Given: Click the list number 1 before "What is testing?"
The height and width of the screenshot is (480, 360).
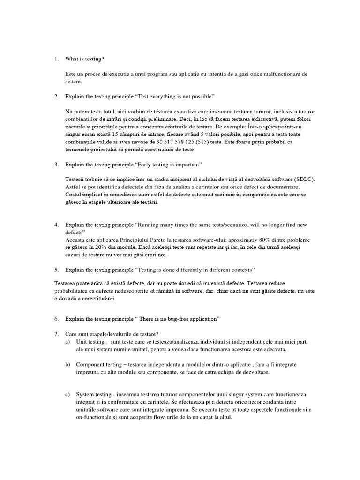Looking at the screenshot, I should tap(56, 59).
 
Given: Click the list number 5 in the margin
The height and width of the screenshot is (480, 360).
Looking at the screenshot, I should tap(56, 270).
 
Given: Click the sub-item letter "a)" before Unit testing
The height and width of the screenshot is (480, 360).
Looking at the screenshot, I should tap(68, 342).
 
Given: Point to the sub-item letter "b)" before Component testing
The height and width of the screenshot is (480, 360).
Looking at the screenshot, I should tap(68, 364).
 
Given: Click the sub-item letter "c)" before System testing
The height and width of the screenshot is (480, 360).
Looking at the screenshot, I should tap(68, 394).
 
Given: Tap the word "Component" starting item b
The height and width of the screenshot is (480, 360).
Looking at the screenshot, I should tap(92, 364).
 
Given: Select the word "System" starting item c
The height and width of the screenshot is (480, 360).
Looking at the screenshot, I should tap(85, 394).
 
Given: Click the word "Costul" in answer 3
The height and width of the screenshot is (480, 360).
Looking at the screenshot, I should tap(74, 195).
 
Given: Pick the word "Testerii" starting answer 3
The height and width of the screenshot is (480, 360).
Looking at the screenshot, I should tap(76, 180).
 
